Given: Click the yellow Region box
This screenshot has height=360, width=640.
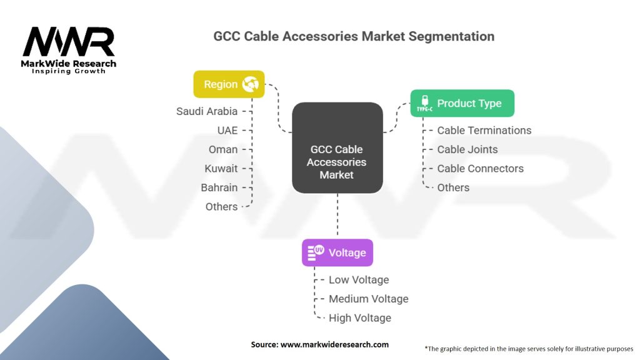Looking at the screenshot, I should click(x=229, y=84).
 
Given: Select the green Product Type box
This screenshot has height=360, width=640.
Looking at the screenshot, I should click(x=462, y=103).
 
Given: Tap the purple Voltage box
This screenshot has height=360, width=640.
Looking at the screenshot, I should click(x=337, y=252).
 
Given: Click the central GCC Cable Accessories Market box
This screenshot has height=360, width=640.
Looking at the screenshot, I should click(x=337, y=162).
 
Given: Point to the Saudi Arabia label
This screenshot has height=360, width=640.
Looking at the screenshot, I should click(x=207, y=111).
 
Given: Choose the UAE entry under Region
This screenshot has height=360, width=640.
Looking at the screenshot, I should click(x=227, y=130).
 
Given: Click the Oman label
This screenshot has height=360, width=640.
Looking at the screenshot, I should click(x=223, y=149).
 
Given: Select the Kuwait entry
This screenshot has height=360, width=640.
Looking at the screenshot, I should click(x=221, y=168).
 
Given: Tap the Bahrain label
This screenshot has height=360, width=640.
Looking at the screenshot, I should click(x=219, y=187).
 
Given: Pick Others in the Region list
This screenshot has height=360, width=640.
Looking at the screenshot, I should click(x=221, y=206).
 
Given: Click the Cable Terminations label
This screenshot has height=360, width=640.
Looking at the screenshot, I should click(x=484, y=130).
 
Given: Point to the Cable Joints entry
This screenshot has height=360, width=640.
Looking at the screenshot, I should click(x=467, y=149).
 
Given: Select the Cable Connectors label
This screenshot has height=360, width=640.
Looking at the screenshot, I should click(x=480, y=168).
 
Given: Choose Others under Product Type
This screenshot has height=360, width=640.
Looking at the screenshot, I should click(x=453, y=187).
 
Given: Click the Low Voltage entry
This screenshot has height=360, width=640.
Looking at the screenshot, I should click(x=359, y=279).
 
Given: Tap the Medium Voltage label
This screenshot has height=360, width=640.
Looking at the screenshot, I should click(x=368, y=299).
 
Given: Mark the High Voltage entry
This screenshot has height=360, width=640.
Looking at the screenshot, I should click(x=360, y=317).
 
